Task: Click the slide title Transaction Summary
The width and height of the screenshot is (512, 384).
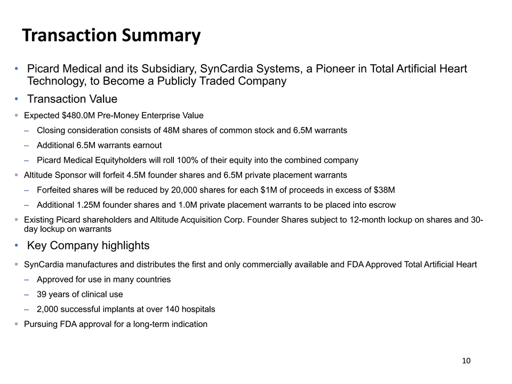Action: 111,35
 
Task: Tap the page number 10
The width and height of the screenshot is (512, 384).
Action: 466,361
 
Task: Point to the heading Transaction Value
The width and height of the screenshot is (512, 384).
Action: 72,99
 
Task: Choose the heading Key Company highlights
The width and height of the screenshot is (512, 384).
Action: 88,245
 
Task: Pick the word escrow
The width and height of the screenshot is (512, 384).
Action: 383,205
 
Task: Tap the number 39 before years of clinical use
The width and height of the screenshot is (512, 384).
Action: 42,294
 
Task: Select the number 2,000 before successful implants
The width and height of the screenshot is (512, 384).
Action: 47,309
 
